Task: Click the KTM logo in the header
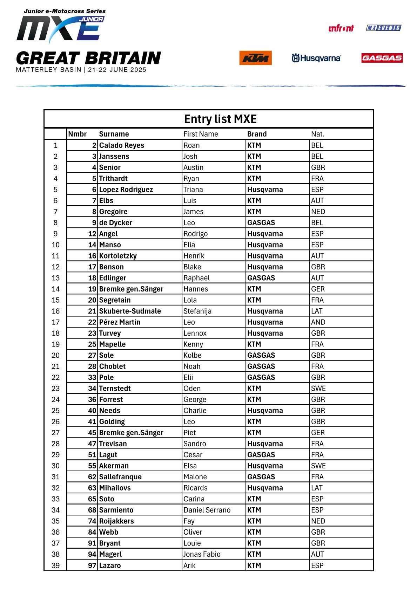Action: pos(255,58)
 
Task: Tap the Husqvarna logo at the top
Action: pos(316,58)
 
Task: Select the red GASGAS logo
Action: pos(382,58)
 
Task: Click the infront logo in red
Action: pos(341,28)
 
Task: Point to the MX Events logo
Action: pos(383,28)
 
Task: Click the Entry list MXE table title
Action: pos(220,119)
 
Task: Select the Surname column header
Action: pos(114,134)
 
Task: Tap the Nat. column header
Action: pos(318,134)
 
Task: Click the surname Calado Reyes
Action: pos(121,145)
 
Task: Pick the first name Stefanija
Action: pos(197,311)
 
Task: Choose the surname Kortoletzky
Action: pos(118,256)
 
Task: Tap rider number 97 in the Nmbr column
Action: pos(92,565)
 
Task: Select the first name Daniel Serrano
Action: pos(207,510)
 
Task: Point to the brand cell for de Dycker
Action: pos(261,222)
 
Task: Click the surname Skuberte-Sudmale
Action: pos(130,311)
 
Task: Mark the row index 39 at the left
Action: pos(55,565)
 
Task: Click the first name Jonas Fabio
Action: pos(202,554)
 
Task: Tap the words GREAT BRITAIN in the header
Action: pos(89,58)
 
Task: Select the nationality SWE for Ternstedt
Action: pos(318,388)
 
